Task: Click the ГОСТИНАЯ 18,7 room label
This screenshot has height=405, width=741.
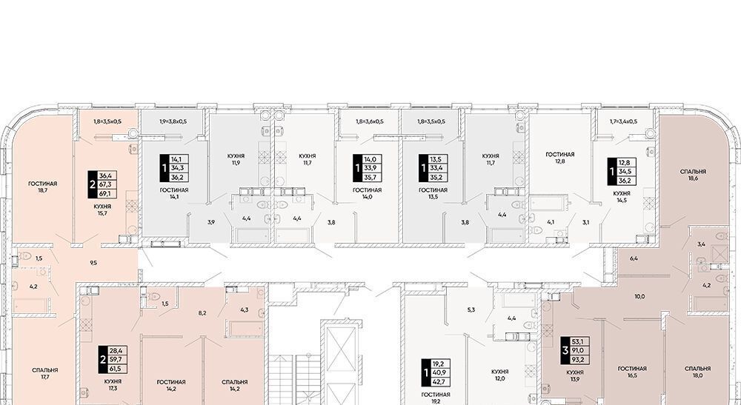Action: [x=42, y=187]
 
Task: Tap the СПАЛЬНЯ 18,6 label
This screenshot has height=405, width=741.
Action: [x=694, y=175]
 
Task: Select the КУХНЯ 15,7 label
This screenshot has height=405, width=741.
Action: [x=102, y=210]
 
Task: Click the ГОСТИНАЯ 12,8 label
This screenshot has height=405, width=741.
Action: [x=560, y=158]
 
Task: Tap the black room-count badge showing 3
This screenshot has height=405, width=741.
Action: [x=565, y=350]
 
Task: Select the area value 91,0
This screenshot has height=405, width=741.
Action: [x=577, y=351]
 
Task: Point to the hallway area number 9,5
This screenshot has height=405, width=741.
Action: [x=93, y=263]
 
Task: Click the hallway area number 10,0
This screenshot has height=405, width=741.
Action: [x=640, y=296]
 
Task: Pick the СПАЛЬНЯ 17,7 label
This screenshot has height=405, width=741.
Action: [x=45, y=373]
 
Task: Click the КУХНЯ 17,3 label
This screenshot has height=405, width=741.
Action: [x=113, y=384]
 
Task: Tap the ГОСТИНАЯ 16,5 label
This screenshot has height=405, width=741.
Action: [x=632, y=372]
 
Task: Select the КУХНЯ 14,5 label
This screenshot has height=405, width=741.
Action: [x=622, y=197]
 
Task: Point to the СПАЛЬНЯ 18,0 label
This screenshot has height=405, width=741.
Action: [x=697, y=372]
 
